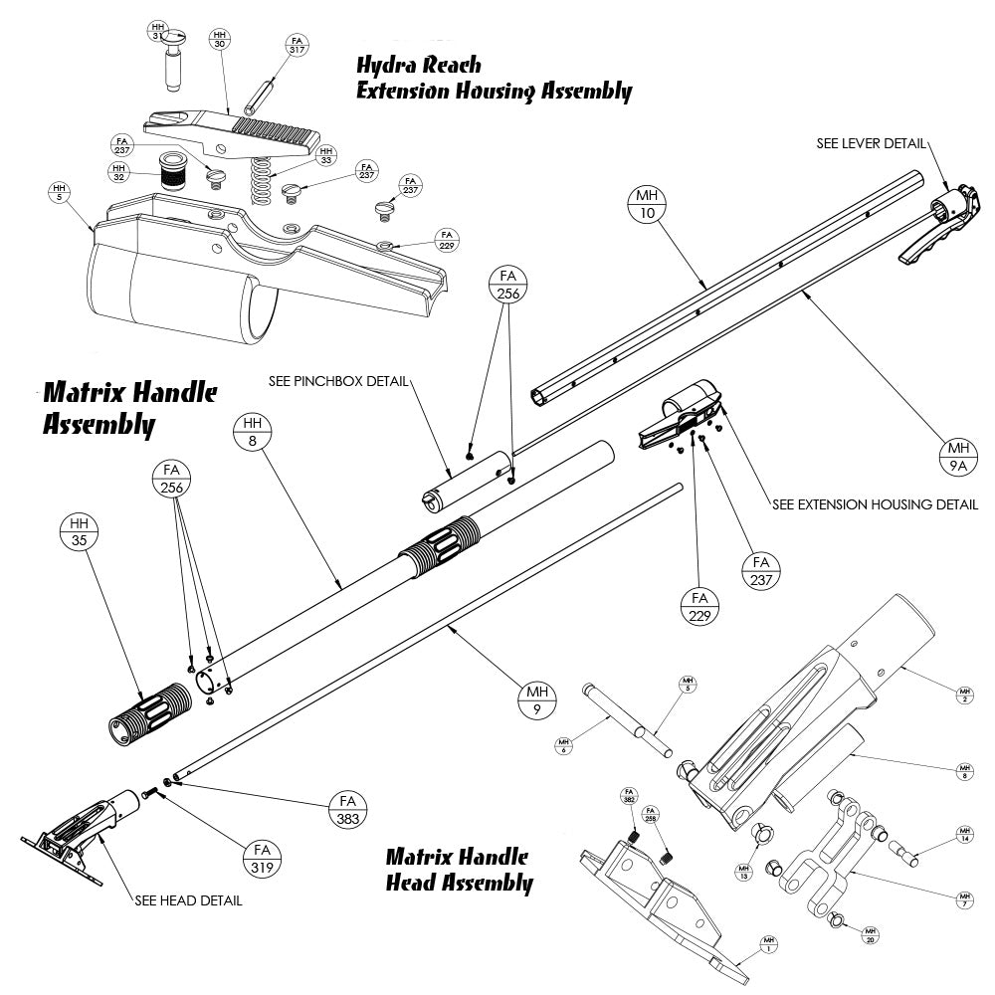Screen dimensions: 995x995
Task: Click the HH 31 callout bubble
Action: click(158, 30)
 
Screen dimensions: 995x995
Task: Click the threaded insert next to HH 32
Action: click(175, 175)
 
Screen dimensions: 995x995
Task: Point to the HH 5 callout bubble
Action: click(60, 192)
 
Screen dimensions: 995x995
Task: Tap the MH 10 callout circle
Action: click(648, 206)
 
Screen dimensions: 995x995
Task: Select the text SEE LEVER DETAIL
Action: click(871, 143)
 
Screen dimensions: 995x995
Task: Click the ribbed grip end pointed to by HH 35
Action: click(149, 710)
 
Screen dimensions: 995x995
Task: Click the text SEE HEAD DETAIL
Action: click(188, 901)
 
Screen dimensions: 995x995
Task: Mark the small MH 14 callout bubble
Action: click(963, 834)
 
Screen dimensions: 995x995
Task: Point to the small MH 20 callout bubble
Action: click(871, 934)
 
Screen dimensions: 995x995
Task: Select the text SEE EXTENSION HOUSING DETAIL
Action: click(875, 504)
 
